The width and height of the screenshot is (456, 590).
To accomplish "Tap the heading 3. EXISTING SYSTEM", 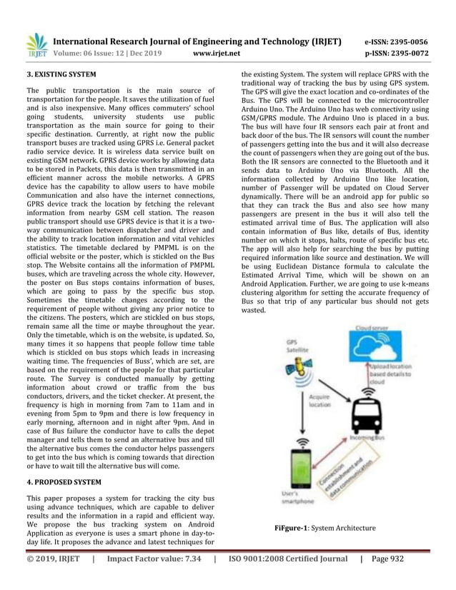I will pyautogui.click(x=61, y=74).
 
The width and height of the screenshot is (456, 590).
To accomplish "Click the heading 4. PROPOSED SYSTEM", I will pyautogui.click(x=64, y=481).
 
